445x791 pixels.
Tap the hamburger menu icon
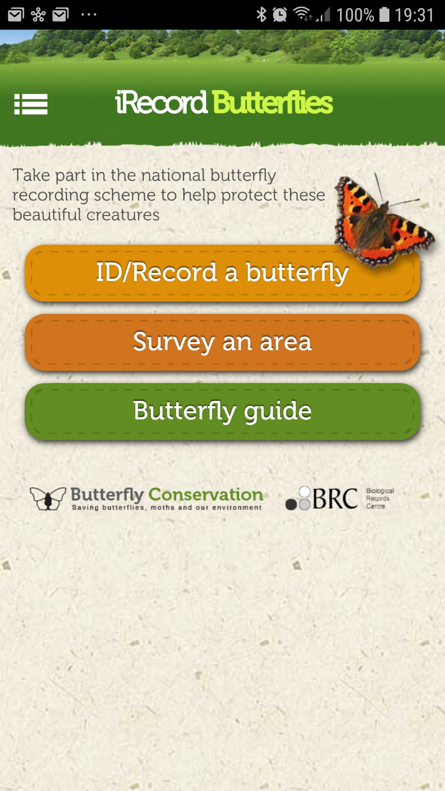point(31,104)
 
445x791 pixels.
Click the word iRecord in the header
point(161,103)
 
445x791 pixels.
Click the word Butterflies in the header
point(273,103)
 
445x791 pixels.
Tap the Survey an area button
point(222,342)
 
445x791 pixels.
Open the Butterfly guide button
point(222,412)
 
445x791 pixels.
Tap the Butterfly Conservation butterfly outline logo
point(48,498)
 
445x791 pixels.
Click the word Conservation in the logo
point(206,494)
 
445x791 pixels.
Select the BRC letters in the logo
point(335,499)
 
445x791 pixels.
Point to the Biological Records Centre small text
point(380,498)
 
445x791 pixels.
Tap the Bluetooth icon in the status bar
point(261,15)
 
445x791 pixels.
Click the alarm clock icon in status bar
point(280,15)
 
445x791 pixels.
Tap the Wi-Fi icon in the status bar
point(302,14)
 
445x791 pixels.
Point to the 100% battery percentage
point(355,15)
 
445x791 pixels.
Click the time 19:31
point(415,15)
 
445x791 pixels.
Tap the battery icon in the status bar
point(384,14)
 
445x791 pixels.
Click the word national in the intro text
point(173,175)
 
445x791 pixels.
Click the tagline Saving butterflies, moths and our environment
point(167,508)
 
